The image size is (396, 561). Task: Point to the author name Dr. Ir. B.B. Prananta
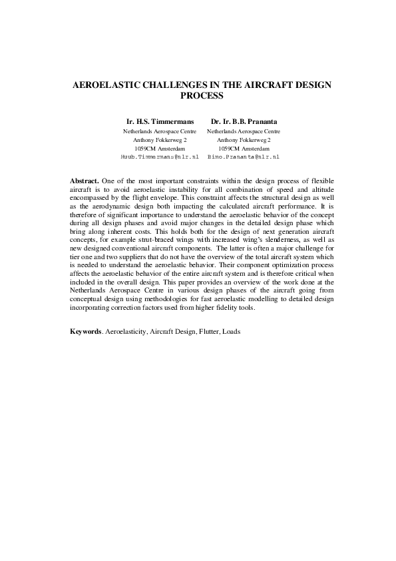(x=244, y=122)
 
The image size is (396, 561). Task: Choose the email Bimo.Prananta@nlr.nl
(x=244, y=157)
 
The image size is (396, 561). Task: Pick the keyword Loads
(x=232, y=331)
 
